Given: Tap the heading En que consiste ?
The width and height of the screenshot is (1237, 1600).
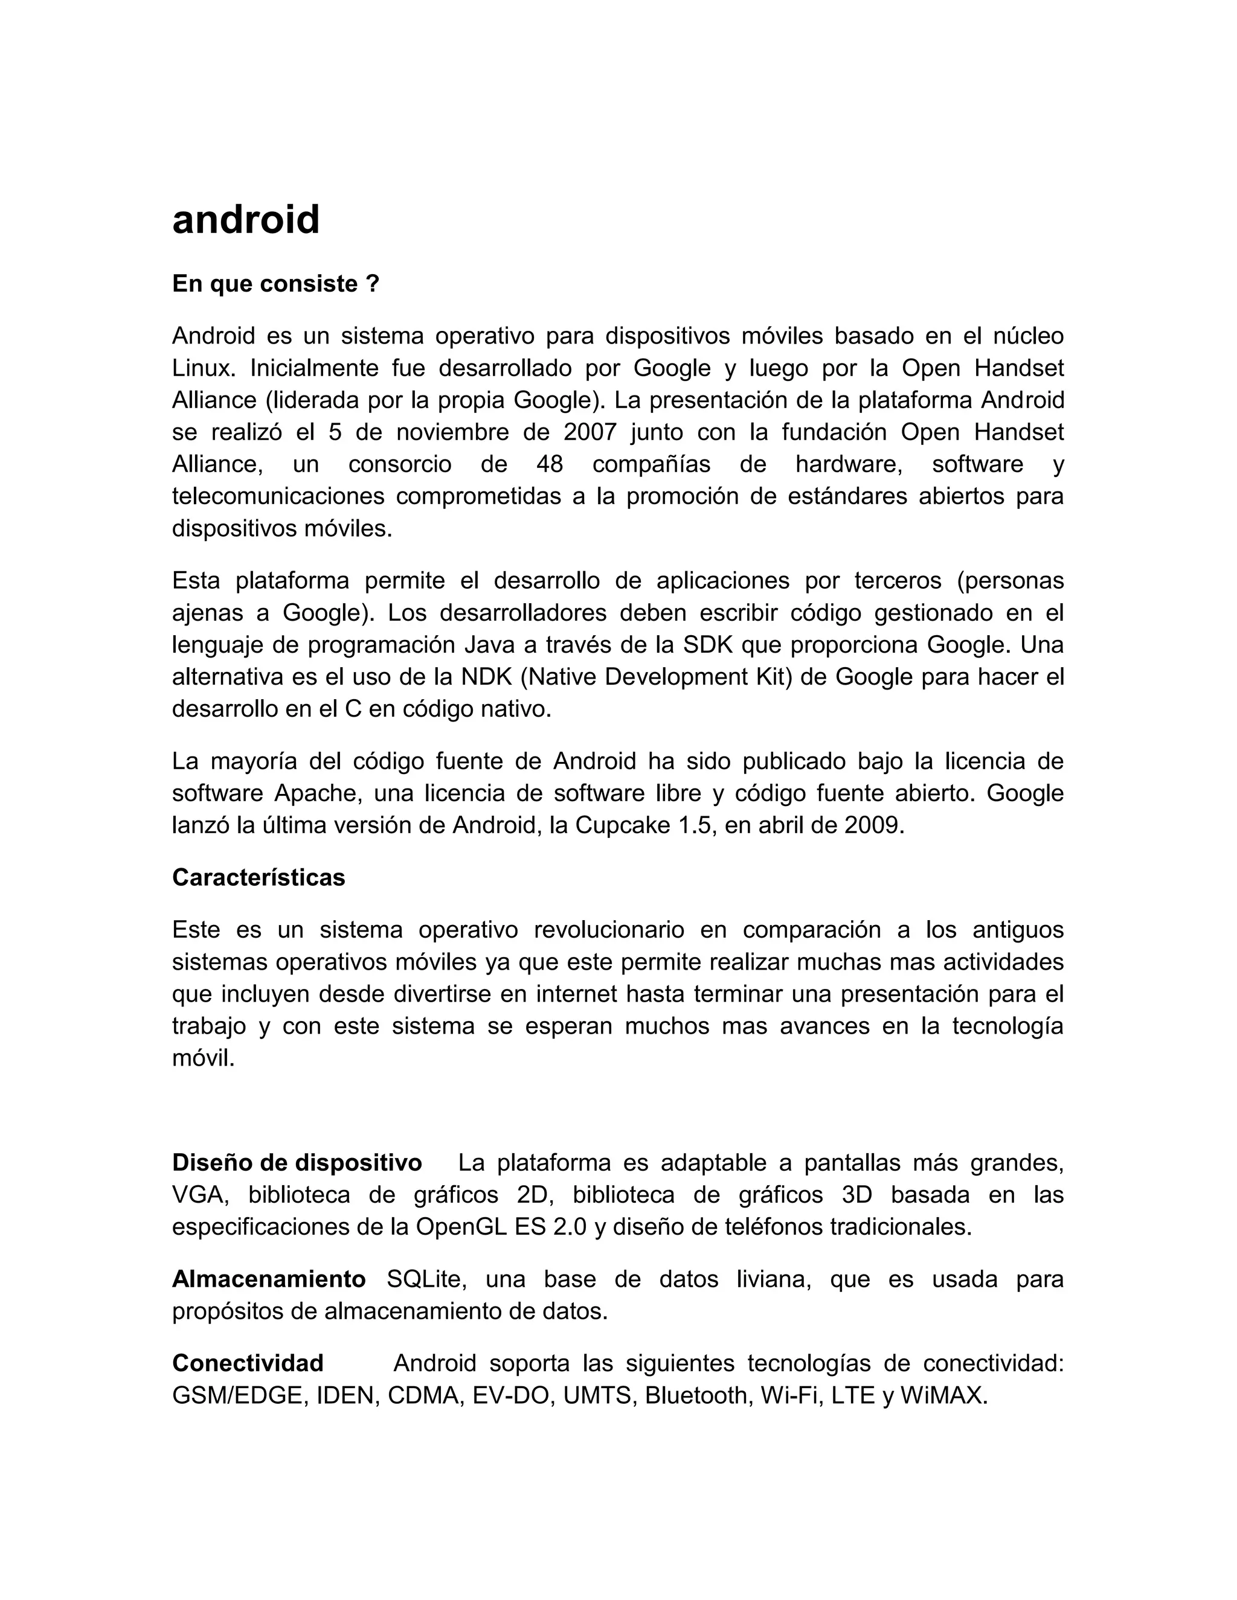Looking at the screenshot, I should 275,284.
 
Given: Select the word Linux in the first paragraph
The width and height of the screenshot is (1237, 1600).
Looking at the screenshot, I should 202,368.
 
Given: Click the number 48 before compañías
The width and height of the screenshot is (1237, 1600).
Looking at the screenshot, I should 550,464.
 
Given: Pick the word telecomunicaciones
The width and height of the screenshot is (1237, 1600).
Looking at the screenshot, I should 278,497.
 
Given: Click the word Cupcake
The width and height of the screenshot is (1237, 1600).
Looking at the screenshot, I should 617,827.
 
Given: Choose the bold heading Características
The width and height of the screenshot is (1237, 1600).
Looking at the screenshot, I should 259,878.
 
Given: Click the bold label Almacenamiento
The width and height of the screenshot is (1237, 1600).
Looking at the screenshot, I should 269,1280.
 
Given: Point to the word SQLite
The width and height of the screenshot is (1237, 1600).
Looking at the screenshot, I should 424,1280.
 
